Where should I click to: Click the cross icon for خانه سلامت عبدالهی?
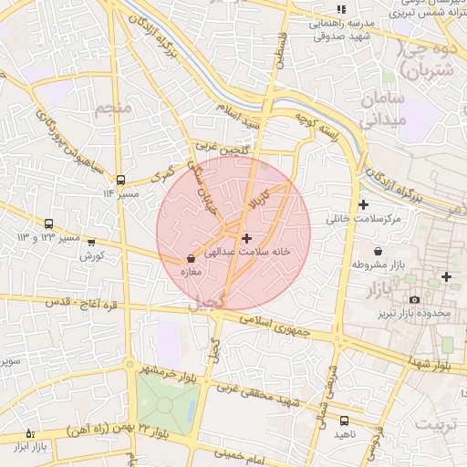[x=246, y=237]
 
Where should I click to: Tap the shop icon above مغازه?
[x=190, y=259]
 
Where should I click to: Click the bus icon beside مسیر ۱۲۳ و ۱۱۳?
[x=48, y=223]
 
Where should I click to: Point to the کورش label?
[x=88, y=256]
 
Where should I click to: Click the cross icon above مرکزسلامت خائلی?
[x=364, y=204]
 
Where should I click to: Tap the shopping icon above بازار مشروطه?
[x=378, y=251]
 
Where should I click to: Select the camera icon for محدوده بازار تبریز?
[x=414, y=299]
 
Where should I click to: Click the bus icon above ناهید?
[x=344, y=420]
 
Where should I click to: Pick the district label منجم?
[x=113, y=109]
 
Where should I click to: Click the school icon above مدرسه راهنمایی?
[x=341, y=9]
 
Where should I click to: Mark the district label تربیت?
[x=437, y=424]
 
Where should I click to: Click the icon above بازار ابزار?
[x=30, y=433]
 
